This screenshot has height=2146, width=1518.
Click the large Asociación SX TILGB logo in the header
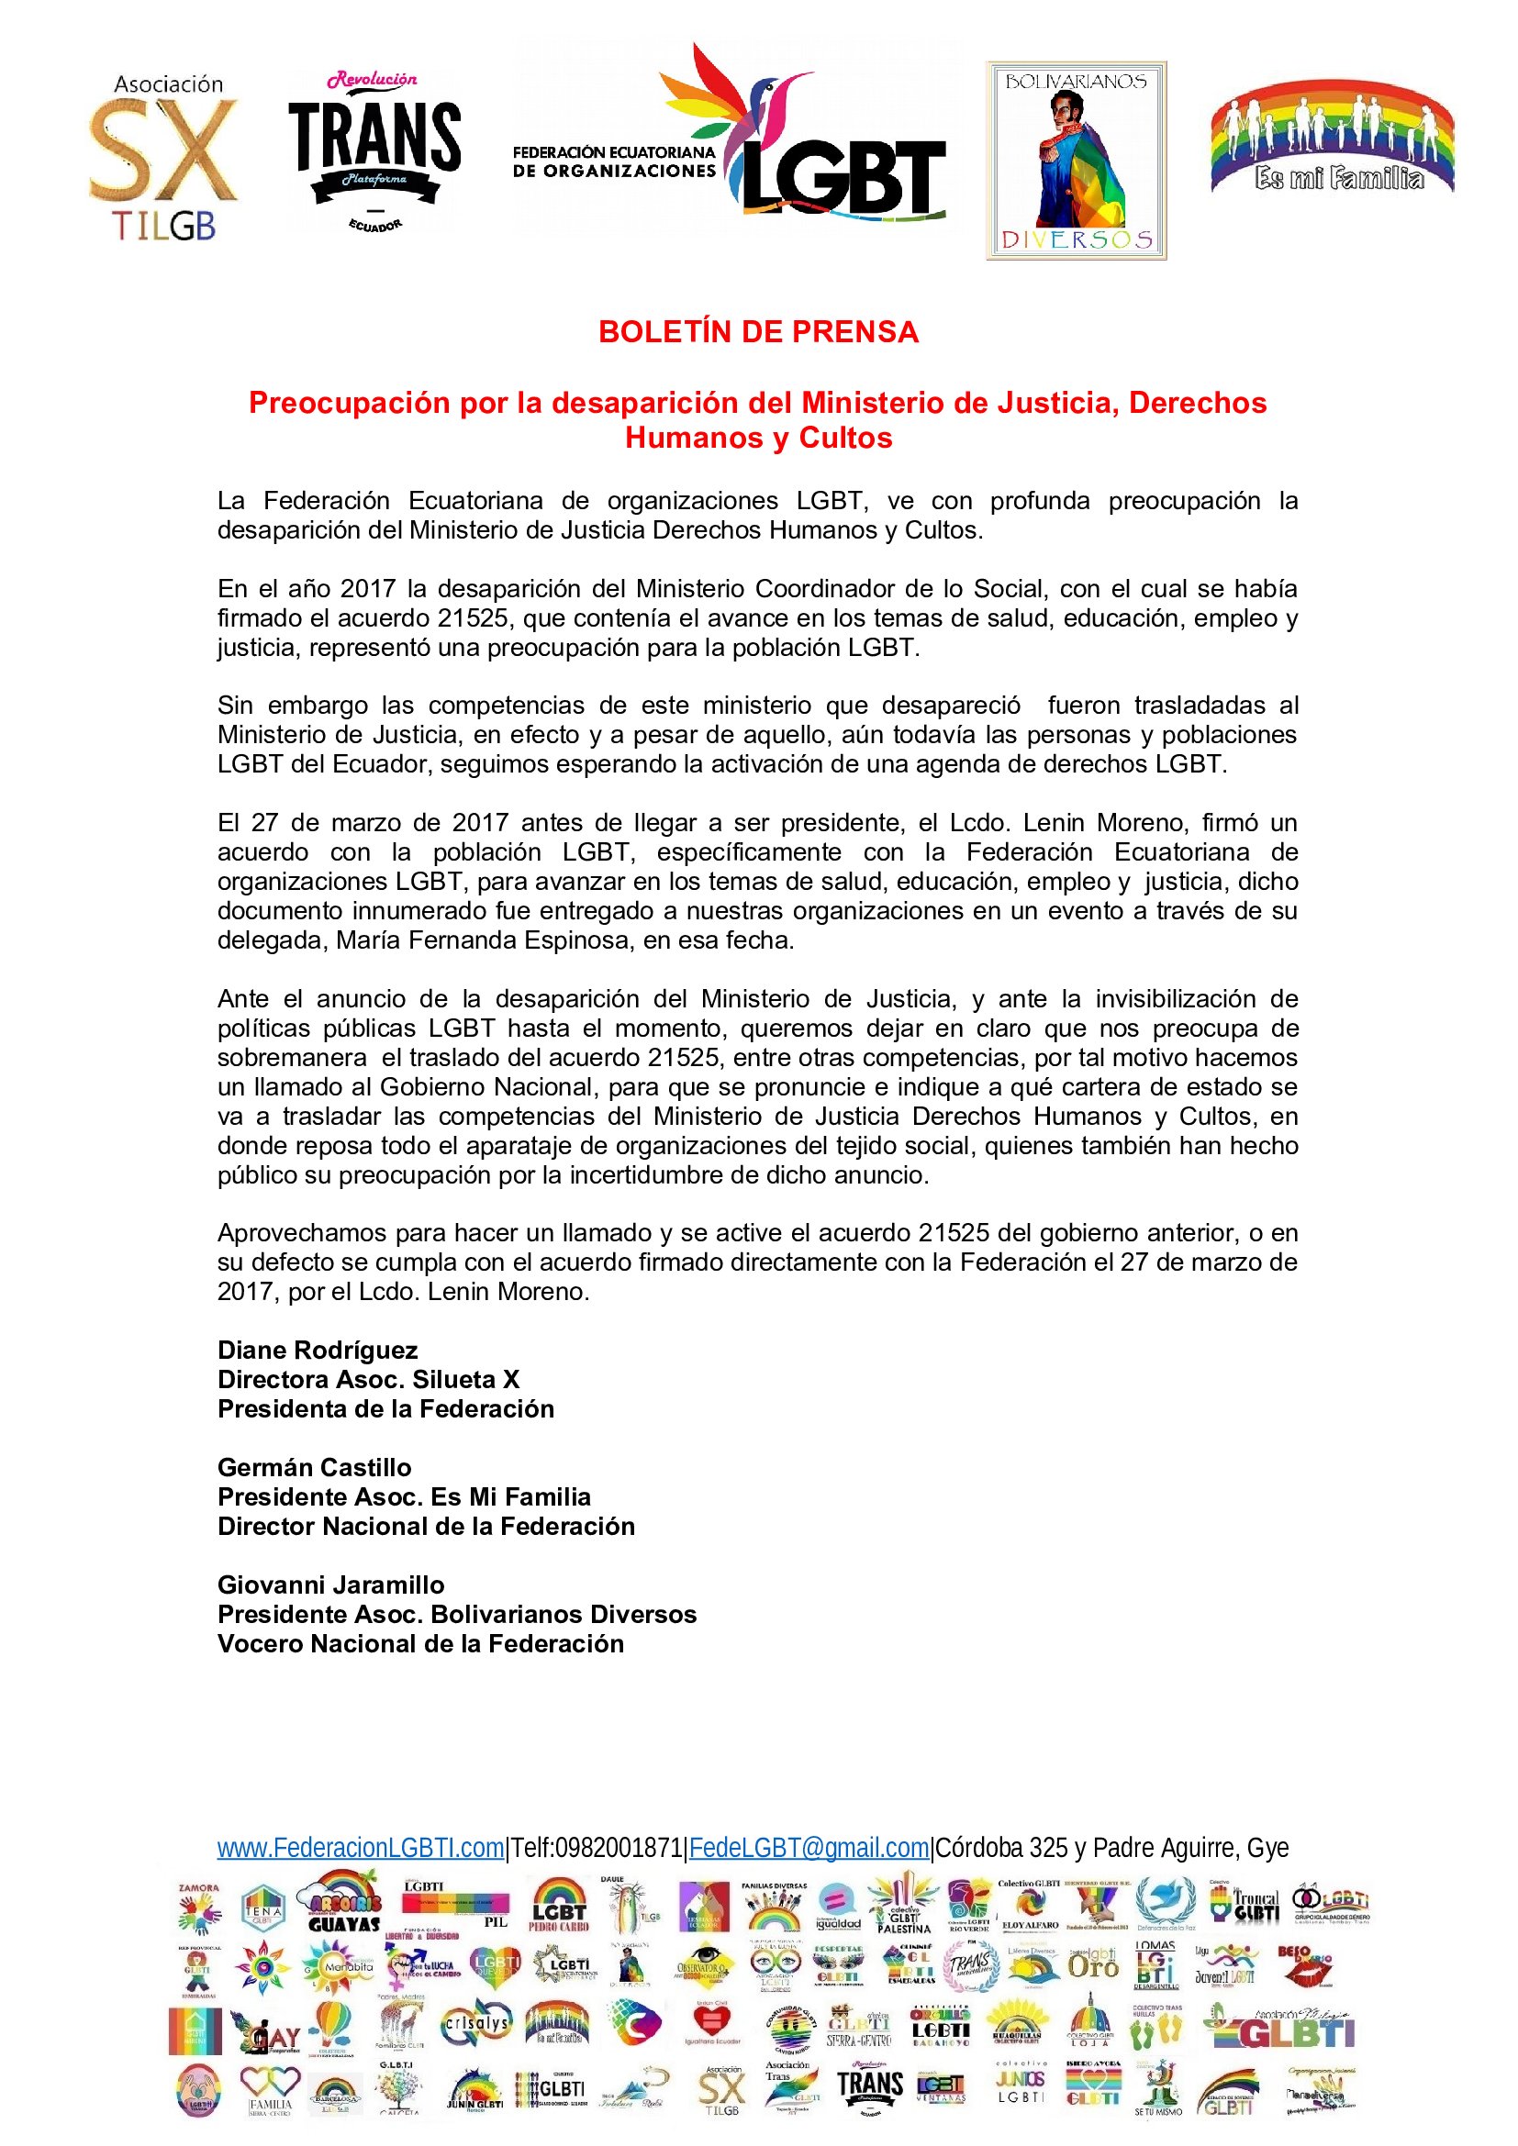(164, 157)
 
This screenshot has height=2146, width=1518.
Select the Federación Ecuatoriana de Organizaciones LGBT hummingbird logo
(730, 136)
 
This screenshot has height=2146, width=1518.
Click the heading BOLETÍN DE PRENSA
(758, 332)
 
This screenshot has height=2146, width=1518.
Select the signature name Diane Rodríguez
(318, 1350)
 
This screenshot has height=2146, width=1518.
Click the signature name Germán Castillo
(314, 1467)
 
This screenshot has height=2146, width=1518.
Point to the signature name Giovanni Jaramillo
(331, 1584)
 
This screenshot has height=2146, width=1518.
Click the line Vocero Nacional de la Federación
(420, 1643)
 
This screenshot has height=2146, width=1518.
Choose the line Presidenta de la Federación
(386, 1408)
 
